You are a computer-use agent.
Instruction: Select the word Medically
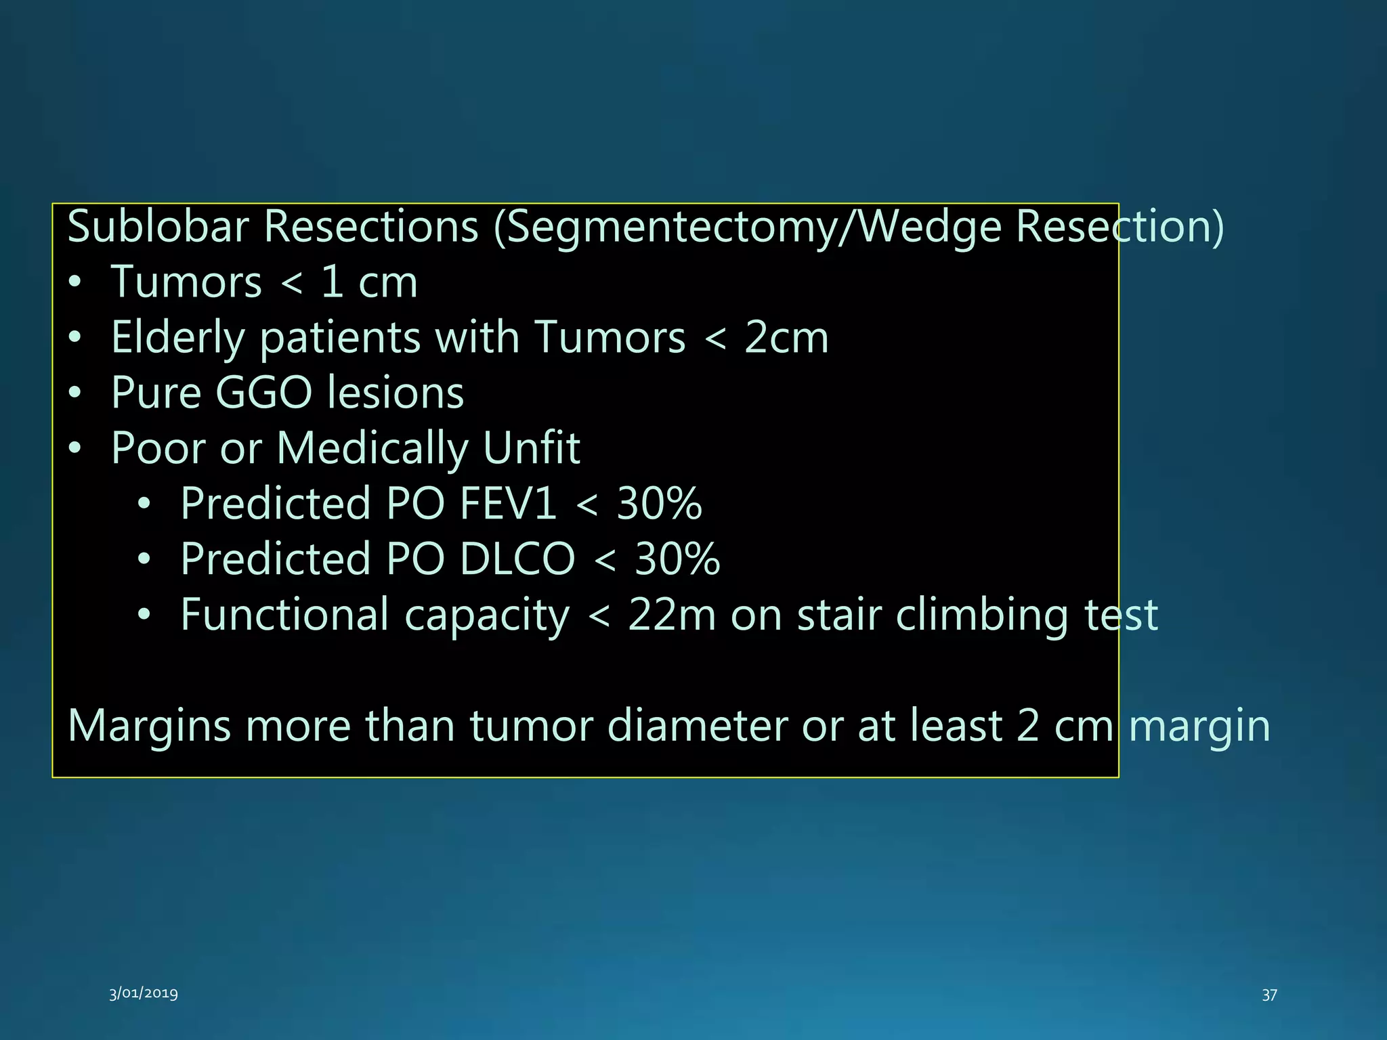372,450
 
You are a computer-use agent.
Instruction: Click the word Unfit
532,448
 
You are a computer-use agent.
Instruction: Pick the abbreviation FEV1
508,504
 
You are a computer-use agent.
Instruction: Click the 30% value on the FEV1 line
659,504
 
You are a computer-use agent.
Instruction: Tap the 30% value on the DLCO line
677,559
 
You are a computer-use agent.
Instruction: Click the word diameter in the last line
697,726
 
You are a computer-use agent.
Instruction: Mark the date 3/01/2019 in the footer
144,993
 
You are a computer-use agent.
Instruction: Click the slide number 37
1269,995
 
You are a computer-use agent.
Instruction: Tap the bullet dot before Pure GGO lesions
75,393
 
